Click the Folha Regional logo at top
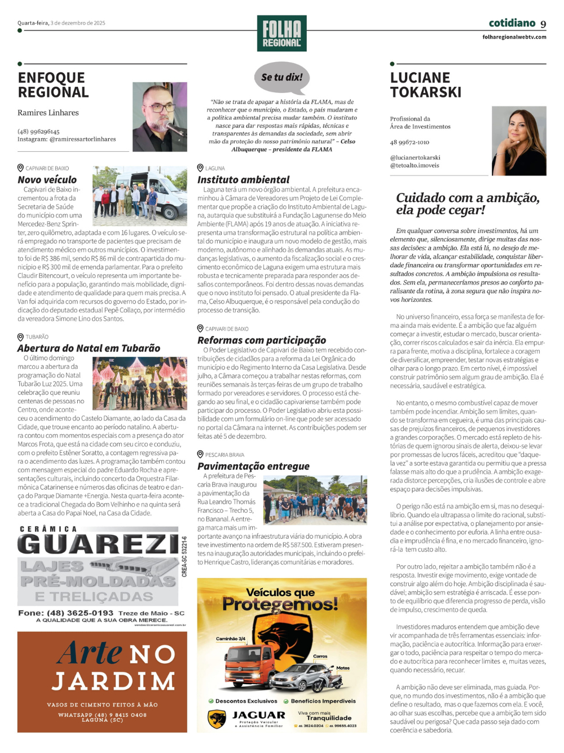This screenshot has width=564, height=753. (x=281, y=33)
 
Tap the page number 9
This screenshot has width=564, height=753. (x=543, y=24)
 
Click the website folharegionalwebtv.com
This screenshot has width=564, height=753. (x=514, y=37)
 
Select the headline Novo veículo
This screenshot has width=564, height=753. (x=47, y=179)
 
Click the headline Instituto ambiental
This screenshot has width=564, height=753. (x=243, y=179)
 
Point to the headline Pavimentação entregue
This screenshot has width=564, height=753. (x=253, y=466)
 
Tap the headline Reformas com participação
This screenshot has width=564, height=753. (x=261, y=340)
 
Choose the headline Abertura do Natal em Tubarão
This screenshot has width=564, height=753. (x=89, y=348)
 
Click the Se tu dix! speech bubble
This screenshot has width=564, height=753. (x=282, y=78)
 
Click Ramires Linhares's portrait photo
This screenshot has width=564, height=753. (x=160, y=117)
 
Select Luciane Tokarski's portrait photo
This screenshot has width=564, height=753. (x=519, y=140)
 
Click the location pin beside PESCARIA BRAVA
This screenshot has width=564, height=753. (x=200, y=454)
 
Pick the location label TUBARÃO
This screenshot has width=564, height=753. (x=37, y=337)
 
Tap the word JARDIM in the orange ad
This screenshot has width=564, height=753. (x=113, y=681)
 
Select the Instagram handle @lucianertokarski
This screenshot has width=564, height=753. (x=415, y=158)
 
